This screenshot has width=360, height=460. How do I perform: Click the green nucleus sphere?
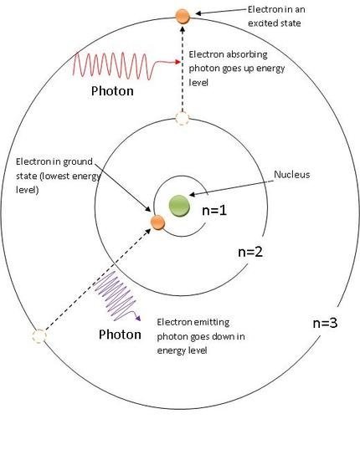(179, 206)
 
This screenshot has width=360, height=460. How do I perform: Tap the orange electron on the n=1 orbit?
(157, 222)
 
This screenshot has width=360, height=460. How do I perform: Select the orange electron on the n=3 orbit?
(183, 16)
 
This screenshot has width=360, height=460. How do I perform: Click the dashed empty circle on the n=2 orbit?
(183, 118)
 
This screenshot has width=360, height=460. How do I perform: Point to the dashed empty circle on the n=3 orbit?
(39, 336)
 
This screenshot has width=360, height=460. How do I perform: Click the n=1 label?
(214, 210)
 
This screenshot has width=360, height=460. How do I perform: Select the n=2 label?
(250, 252)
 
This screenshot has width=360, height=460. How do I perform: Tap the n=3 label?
(325, 323)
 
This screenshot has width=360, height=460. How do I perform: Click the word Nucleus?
(292, 175)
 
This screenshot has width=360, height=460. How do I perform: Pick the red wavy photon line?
(126, 66)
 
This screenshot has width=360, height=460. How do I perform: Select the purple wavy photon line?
(117, 296)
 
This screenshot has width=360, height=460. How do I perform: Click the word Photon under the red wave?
(112, 90)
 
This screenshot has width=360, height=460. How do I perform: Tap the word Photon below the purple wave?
(120, 335)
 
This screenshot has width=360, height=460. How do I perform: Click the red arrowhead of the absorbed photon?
(177, 62)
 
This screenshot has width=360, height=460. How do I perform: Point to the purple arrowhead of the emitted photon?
(137, 319)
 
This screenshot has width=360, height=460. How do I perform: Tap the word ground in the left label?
(78, 162)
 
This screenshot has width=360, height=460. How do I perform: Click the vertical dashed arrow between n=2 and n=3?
(183, 69)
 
